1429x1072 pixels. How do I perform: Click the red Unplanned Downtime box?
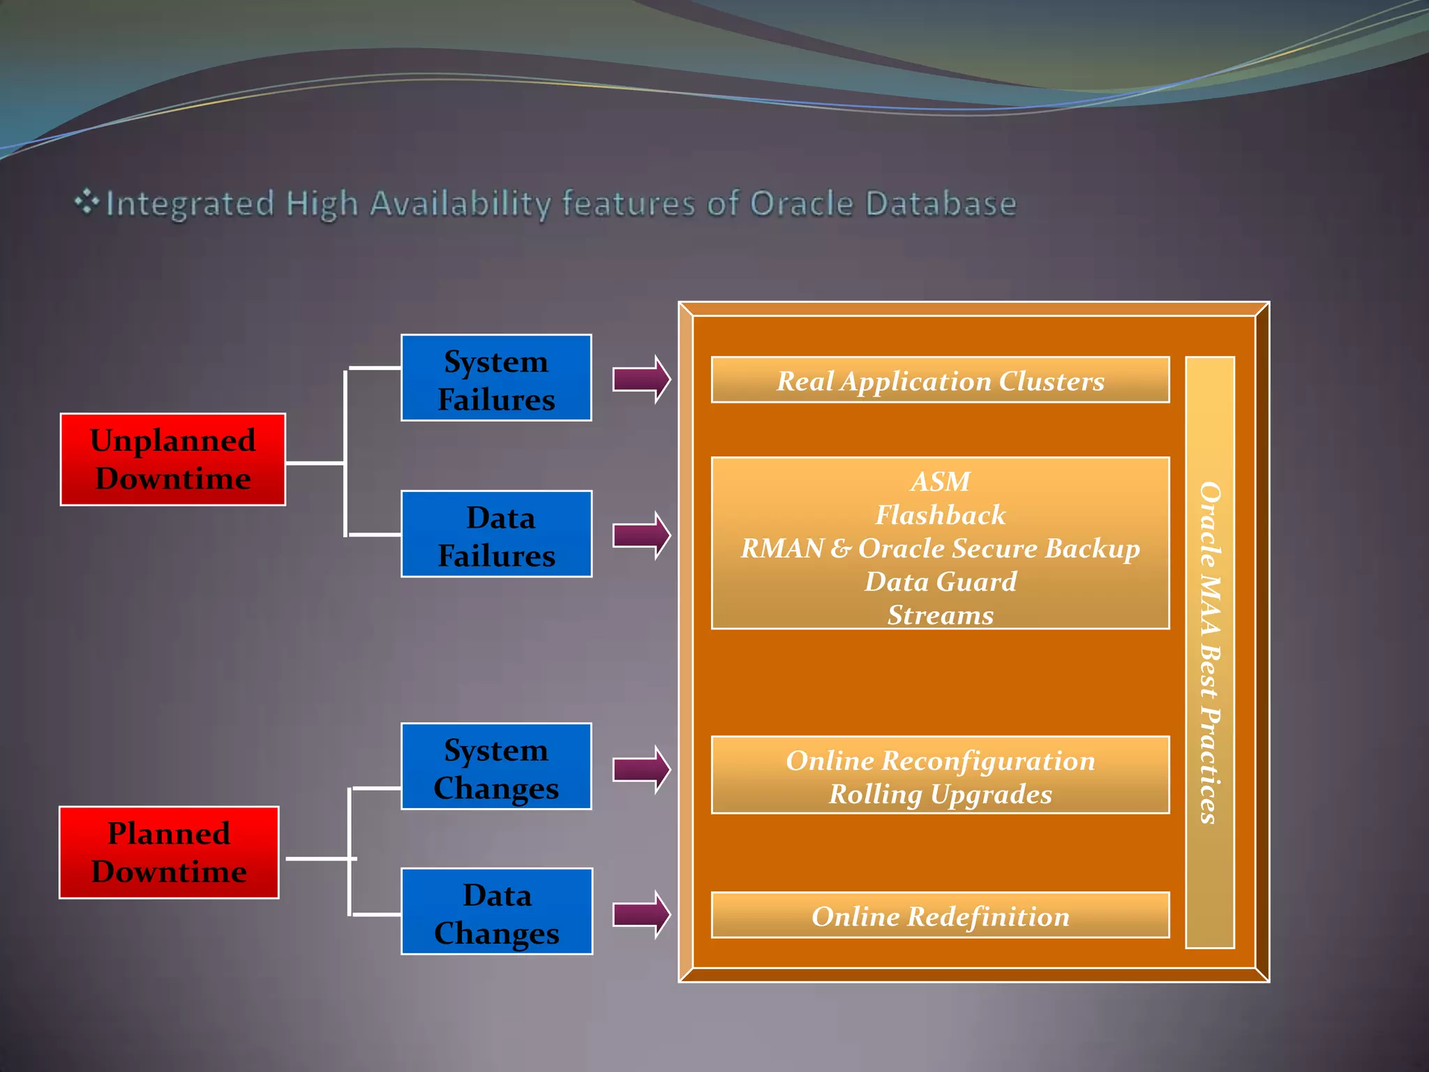(172, 459)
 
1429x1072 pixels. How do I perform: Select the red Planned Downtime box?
(169, 852)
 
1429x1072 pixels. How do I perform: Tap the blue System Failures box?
(496, 378)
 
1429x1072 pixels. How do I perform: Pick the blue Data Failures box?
(496, 534)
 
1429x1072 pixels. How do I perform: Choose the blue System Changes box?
(496, 766)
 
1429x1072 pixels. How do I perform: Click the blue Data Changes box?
(496, 911)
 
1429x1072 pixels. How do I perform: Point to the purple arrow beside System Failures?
(641, 379)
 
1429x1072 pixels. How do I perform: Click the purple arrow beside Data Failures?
(641, 535)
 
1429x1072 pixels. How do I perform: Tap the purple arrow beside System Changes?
(641, 769)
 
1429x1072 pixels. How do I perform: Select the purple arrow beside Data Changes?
(641, 914)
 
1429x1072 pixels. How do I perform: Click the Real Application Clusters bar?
(940, 380)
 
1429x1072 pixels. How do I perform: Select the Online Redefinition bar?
(940, 916)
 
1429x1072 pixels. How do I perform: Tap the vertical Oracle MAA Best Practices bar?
(1210, 653)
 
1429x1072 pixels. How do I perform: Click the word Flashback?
(940, 515)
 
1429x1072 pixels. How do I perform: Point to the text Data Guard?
(940, 581)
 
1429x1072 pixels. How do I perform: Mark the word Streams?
(940, 615)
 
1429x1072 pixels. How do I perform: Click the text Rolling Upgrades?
(940, 794)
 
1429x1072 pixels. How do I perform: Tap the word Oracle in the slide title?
(801, 204)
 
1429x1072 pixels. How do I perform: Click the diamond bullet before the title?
(87, 202)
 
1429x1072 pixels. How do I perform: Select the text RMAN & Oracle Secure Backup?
(940, 549)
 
